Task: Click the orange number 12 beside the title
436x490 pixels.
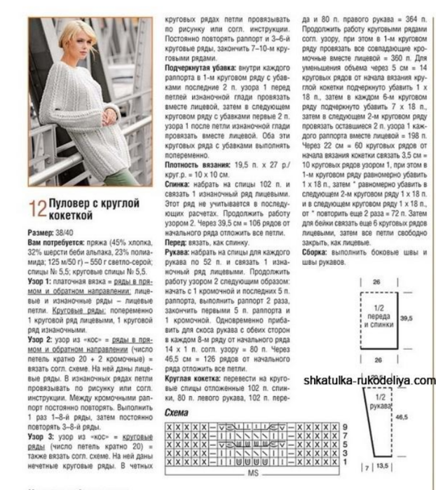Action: click(x=38, y=208)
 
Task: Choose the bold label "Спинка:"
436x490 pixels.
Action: click(x=177, y=182)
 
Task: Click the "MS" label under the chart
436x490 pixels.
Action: click(x=253, y=473)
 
